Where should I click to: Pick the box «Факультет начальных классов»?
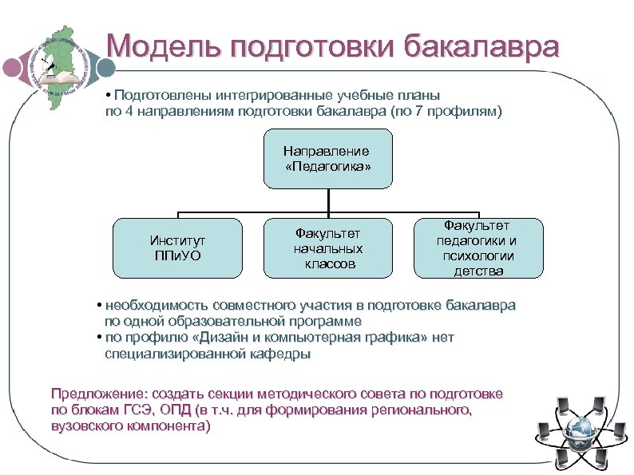328,247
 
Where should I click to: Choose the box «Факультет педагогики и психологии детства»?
479,247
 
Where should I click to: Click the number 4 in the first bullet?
128,112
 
